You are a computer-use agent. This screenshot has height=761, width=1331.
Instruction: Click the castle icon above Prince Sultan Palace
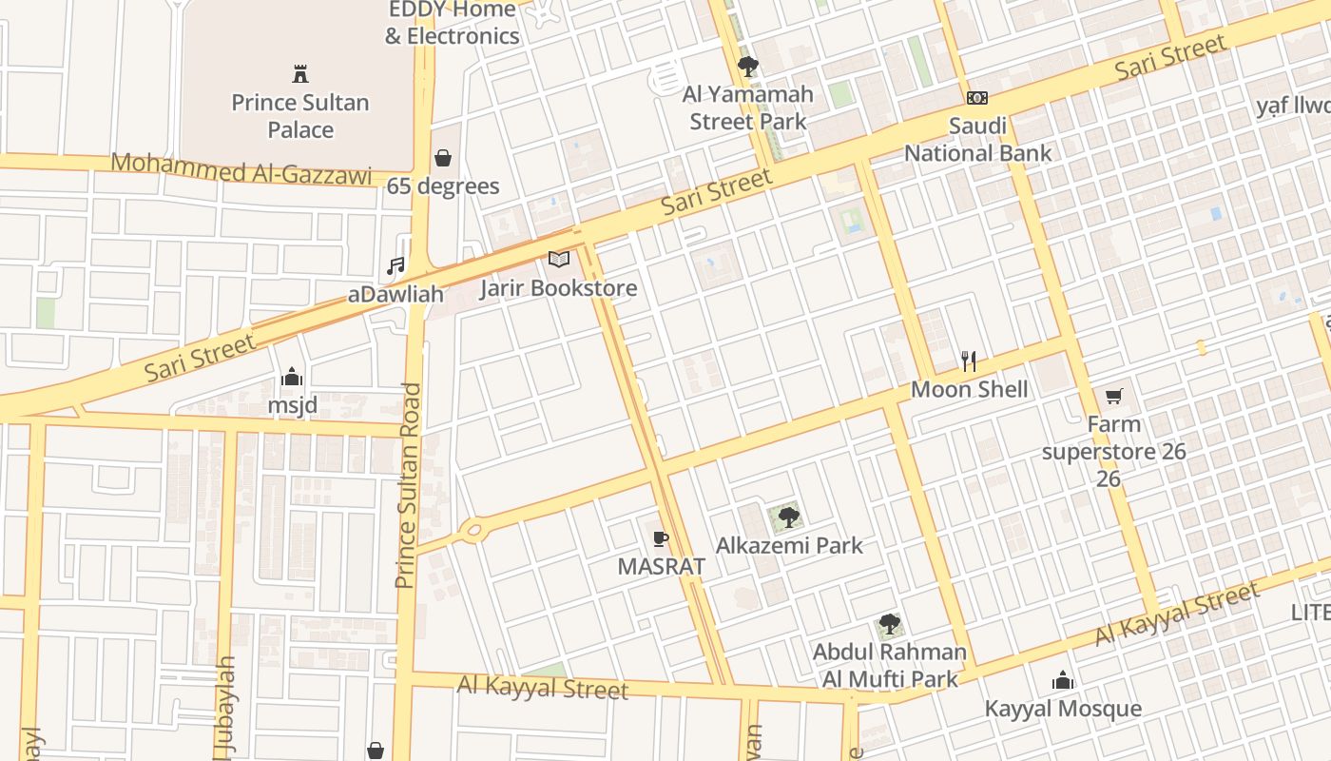click(x=300, y=73)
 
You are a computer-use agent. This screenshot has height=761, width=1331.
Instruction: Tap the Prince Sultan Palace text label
click(x=300, y=116)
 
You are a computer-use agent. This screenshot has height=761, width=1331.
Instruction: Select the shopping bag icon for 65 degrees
click(x=442, y=157)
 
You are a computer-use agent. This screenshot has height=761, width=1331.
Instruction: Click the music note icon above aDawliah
click(x=395, y=266)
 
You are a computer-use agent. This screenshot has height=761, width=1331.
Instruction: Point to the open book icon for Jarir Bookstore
click(x=559, y=259)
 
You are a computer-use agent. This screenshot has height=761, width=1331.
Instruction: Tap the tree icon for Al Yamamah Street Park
click(x=748, y=67)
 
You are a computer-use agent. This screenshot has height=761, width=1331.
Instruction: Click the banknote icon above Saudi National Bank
click(x=977, y=98)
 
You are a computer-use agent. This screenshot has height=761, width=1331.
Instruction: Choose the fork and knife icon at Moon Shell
click(x=969, y=361)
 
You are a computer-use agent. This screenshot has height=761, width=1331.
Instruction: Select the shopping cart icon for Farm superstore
click(x=1113, y=396)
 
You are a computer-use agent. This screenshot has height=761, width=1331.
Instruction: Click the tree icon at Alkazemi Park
click(x=788, y=517)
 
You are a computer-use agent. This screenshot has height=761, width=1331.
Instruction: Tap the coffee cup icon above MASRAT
click(x=661, y=539)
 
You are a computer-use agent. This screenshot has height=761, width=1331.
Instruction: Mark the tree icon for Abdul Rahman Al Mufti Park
click(x=889, y=625)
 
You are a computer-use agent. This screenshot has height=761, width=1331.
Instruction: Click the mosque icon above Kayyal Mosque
click(x=1062, y=681)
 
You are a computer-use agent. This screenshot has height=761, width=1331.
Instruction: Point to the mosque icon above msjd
click(x=292, y=378)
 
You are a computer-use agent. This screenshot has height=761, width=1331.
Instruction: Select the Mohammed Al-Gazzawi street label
click(x=241, y=167)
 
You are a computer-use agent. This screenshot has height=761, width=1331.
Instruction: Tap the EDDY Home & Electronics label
click(x=453, y=23)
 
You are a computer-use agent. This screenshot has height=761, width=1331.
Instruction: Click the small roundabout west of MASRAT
click(x=471, y=530)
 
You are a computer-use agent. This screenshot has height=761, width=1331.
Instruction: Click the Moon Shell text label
click(x=969, y=389)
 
